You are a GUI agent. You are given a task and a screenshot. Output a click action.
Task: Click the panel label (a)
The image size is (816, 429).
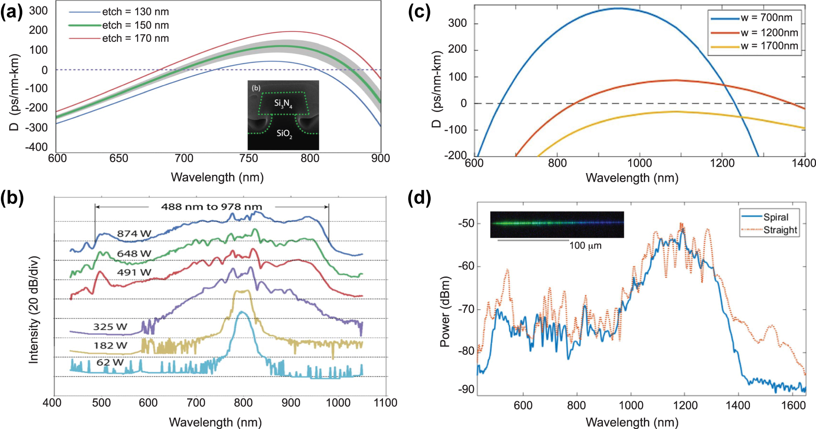click(12, 12)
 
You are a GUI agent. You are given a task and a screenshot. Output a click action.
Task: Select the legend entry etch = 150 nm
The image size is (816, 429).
click(135, 25)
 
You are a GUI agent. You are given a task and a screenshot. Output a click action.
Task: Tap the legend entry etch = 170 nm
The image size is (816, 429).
click(135, 38)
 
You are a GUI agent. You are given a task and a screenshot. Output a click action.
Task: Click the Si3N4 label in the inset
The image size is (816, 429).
click(283, 104)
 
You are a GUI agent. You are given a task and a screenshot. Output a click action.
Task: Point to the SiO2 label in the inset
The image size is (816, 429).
click(284, 133)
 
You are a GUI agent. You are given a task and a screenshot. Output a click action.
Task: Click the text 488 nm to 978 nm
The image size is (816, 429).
click(211, 207)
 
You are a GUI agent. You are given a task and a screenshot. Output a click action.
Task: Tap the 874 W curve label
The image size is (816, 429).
click(134, 234)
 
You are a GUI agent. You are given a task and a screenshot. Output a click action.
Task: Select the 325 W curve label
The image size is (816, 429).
click(110, 327)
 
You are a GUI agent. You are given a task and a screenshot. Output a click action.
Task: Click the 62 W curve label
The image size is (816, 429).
click(110, 363)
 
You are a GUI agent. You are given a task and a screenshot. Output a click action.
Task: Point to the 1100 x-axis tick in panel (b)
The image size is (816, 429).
click(385, 403)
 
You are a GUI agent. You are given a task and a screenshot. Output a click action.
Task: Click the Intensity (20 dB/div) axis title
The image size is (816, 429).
click(34, 310)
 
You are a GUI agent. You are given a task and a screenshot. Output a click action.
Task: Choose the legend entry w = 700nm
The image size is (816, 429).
click(766, 18)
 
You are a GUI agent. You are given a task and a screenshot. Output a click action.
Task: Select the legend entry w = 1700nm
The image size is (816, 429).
click(769, 46)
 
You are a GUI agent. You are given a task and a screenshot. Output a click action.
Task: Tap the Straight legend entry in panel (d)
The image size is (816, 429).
click(780, 230)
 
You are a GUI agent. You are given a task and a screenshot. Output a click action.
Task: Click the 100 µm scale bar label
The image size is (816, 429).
click(585, 246)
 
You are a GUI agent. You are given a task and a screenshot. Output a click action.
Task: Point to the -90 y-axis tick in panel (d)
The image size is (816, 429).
click(465, 389)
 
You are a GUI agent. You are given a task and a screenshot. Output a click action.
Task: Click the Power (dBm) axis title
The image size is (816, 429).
click(445, 312)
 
